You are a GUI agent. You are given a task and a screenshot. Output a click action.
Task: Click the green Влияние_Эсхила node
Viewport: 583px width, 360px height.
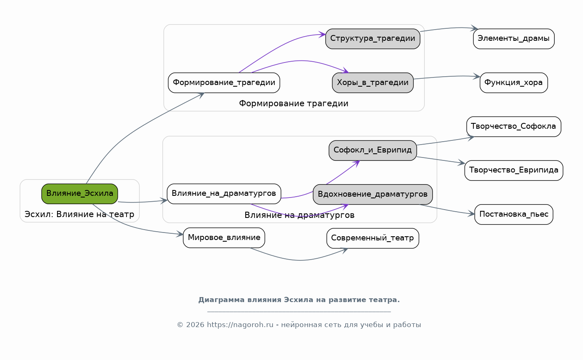tap(80, 194)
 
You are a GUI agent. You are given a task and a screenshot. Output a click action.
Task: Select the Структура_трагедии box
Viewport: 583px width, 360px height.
tap(373, 39)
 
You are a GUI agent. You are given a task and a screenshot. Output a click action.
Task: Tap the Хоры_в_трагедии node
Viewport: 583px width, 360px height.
tap(373, 82)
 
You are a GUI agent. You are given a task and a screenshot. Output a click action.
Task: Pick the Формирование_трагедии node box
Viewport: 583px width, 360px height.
tap(224, 82)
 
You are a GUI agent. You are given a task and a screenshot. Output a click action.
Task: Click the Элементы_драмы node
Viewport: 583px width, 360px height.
tap(513, 39)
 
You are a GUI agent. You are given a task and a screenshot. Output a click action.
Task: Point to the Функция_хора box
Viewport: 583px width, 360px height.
tap(513, 82)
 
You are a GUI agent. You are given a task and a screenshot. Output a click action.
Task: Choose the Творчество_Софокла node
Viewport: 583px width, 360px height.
tap(513, 126)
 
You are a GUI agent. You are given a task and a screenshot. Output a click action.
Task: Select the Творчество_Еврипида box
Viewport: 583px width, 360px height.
tap(513, 170)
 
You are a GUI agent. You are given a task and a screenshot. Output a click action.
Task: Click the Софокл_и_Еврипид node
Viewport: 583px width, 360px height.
tap(373, 150)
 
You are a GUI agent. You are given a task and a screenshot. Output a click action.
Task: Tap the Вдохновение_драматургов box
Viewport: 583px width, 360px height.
tap(373, 194)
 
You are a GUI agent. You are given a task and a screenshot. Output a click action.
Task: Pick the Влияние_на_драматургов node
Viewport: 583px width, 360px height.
tap(224, 194)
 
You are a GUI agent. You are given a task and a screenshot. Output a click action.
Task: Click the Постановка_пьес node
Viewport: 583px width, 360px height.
tap(513, 214)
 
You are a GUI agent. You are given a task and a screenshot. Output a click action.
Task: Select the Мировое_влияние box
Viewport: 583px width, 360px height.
tap(224, 237)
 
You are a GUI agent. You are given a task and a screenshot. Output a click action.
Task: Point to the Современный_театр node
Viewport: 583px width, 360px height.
tap(373, 238)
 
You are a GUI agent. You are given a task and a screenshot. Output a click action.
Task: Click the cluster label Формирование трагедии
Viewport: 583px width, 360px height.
tap(294, 103)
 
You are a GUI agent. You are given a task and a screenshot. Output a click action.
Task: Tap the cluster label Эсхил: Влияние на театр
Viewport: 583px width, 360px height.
tap(80, 215)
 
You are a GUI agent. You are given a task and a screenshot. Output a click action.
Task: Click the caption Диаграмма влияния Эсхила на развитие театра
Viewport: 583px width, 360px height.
tap(299, 300)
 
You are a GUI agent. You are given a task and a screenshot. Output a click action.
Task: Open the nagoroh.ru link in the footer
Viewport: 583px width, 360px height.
tap(240, 325)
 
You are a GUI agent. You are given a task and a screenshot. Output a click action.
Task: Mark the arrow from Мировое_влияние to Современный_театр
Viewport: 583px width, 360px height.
tap(300, 260)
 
